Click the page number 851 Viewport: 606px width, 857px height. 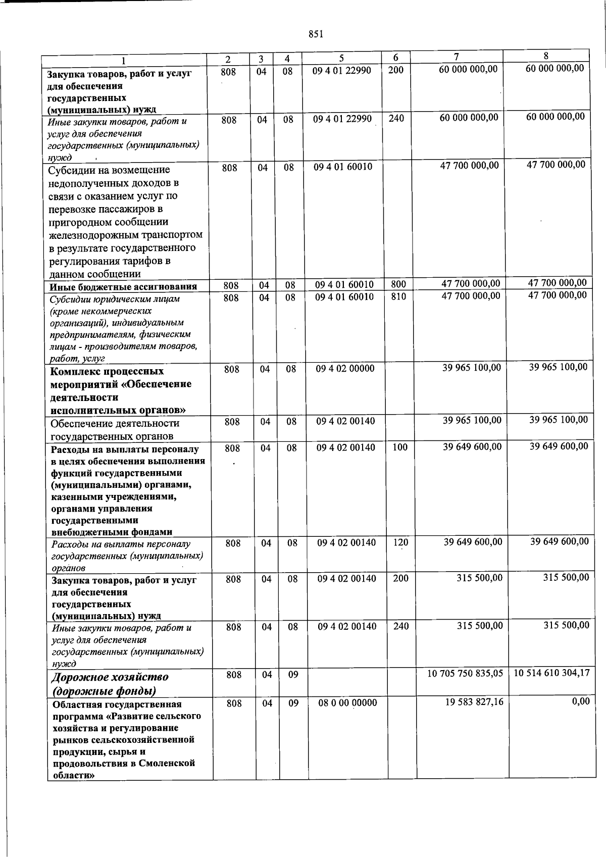[x=315, y=34]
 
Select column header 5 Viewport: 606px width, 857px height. [x=341, y=59]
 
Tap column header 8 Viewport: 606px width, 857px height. [x=546, y=56]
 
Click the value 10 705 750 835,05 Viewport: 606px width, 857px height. [x=465, y=674]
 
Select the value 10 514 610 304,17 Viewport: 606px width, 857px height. [x=551, y=673]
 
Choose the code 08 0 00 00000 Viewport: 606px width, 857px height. [x=347, y=702]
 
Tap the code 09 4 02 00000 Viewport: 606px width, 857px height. [x=345, y=369]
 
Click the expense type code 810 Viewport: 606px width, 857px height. [x=398, y=297]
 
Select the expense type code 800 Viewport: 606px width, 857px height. [x=398, y=285]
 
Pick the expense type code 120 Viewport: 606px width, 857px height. [x=400, y=542]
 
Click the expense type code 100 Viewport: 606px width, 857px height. [x=399, y=447]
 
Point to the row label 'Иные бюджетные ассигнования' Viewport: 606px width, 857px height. [x=123, y=287]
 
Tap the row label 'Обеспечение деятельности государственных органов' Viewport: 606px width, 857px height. [x=115, y=429]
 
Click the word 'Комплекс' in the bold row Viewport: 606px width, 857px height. [x=75, y=372]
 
